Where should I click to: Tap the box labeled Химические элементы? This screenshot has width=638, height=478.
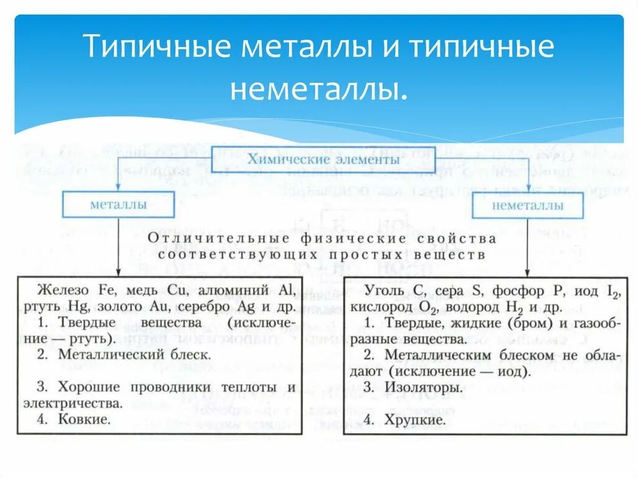click(x=323, y=160)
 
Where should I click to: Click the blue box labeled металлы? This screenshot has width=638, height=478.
click(x=118, y=204)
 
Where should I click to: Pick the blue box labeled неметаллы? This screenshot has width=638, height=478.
click(x=528, y=205)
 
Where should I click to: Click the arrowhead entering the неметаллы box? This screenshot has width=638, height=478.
click(x=528, y=188)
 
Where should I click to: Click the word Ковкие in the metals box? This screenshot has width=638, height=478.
click(x=85, y=419)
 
